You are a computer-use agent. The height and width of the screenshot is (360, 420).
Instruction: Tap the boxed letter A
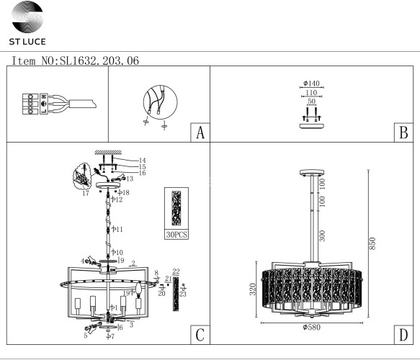coord(200,133)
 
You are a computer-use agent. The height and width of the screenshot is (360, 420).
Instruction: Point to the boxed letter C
coord(200,335)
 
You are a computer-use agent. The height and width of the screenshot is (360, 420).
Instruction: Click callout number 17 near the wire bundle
coord(86,194)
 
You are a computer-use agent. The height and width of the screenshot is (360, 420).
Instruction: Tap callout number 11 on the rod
coord(119,229)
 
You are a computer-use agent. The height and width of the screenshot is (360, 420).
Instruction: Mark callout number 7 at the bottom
coord(112,337)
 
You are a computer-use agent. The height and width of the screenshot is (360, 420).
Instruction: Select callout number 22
coord(176,271)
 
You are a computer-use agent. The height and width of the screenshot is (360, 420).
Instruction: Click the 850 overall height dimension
coord(372,245)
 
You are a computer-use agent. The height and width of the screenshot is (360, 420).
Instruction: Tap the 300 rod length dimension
coord(323,236)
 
